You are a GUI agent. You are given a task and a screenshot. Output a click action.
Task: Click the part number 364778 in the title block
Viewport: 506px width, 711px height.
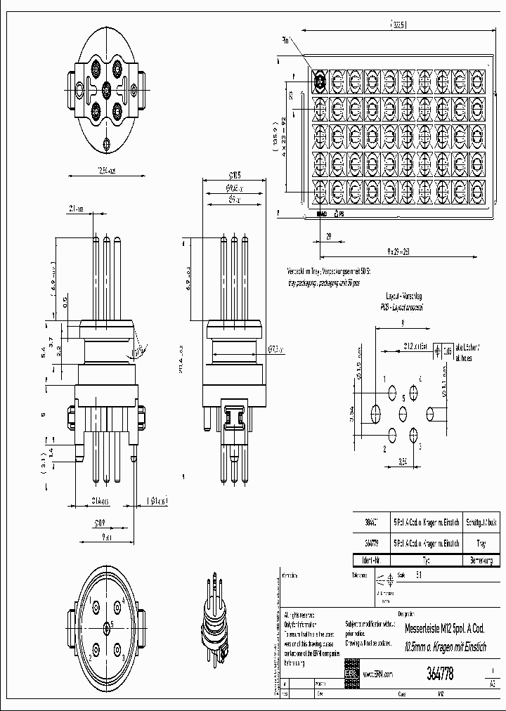click(x=440, y=673)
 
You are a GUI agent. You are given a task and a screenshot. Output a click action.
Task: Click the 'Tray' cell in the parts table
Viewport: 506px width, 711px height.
click(x=481, y=543)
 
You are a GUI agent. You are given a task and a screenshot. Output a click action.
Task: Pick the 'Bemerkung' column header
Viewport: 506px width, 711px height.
click(x=481, y=561)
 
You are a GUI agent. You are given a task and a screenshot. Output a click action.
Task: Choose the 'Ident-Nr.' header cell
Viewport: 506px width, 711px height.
click(x=370, y=561)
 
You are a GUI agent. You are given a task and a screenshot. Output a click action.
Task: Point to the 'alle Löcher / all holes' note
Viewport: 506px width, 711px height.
click(x=469, y=352)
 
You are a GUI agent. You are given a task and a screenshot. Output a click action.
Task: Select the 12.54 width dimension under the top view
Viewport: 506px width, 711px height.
click(x=105, y=170)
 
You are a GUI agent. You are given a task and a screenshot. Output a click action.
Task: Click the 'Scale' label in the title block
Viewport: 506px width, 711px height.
click(x=401, y=575)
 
